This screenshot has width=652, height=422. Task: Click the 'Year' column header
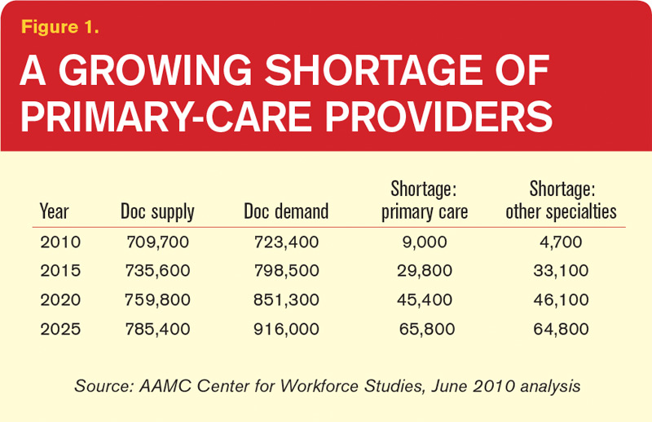[54, 212]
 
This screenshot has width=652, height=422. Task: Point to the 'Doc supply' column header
[156, 212]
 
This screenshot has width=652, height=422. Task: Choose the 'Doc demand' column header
[286, 212]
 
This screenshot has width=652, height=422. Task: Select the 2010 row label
[55, 242]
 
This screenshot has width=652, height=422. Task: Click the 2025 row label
[55, 331]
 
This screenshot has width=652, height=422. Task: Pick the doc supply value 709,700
[156, 242]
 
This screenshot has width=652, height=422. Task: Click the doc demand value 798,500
[286, 272]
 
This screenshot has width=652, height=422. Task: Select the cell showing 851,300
[286, 301]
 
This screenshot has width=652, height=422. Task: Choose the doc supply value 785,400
[156, 331]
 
